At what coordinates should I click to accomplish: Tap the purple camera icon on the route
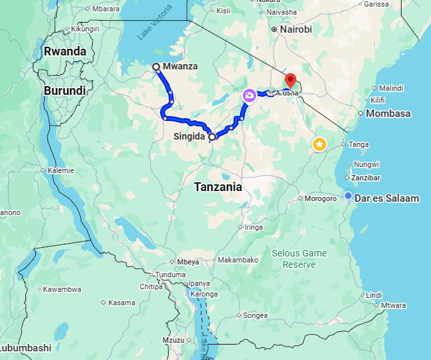point(249,96)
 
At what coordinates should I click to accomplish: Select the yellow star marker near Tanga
point(320,144)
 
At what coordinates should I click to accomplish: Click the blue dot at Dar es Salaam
point(348,195)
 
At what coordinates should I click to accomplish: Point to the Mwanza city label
point(181,67)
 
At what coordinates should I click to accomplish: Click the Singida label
point(189,137)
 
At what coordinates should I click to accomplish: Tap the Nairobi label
point(296,29)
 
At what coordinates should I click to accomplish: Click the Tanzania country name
point(218,188)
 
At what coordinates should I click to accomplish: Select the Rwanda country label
point(65,51)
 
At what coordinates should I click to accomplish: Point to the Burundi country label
point(65,90)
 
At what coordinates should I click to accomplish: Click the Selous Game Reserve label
point(300,258)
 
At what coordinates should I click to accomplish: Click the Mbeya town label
point(188,262)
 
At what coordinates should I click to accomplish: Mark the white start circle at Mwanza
point(155,67)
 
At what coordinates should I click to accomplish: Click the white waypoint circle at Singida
point(212,137)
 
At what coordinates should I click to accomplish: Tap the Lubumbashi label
point(25,348)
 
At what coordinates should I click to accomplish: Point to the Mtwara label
point(394,305)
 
